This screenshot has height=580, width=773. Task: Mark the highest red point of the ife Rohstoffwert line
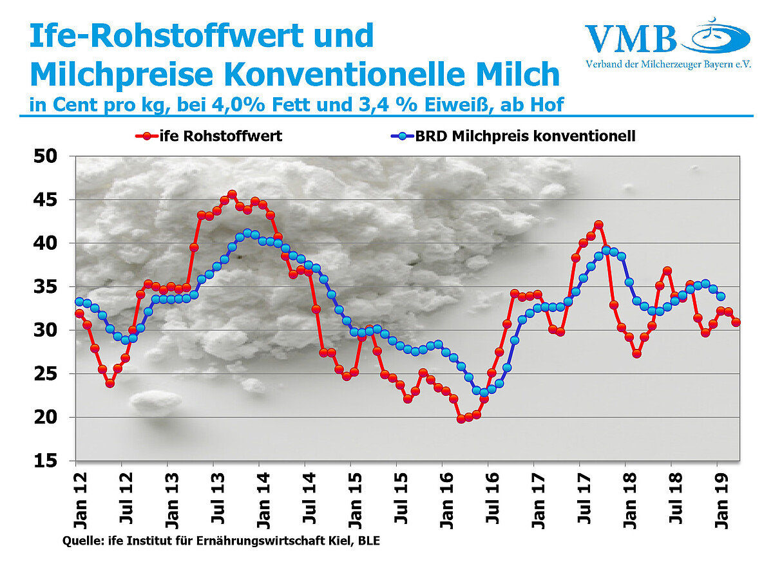pyautogui.click(x=232, y=194)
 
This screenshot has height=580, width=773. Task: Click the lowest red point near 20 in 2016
pyautogui.click(x=461, y=418)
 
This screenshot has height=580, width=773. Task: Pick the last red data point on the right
pyautogui.click(x=736, y=323)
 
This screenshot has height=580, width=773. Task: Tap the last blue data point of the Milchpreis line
pyautogui.click(x=721, y=296)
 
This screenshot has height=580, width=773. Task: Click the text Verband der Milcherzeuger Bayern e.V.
pyautogui.click(x=669, y=64)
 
